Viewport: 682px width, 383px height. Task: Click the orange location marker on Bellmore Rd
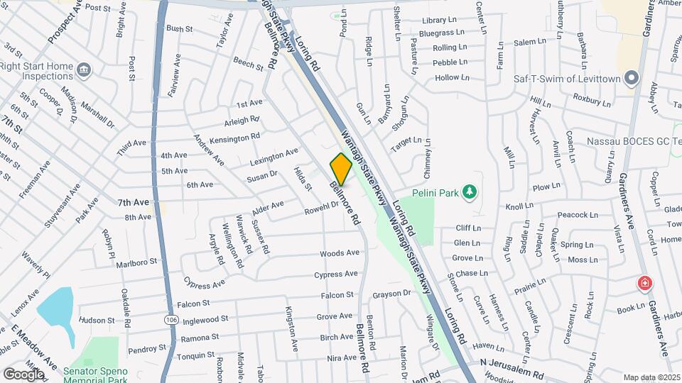pos(341,169)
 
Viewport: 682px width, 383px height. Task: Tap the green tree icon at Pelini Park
pos(469,191)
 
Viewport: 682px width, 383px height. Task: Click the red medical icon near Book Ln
pos(644,284)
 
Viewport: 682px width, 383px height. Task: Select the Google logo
pos(23,374)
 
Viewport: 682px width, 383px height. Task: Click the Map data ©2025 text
pos(651,377)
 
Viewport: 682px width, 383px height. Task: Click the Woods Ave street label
pos(340,253)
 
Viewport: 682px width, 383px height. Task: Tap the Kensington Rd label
pos(235,138)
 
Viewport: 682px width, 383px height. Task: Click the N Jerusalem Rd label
pos(511,363)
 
